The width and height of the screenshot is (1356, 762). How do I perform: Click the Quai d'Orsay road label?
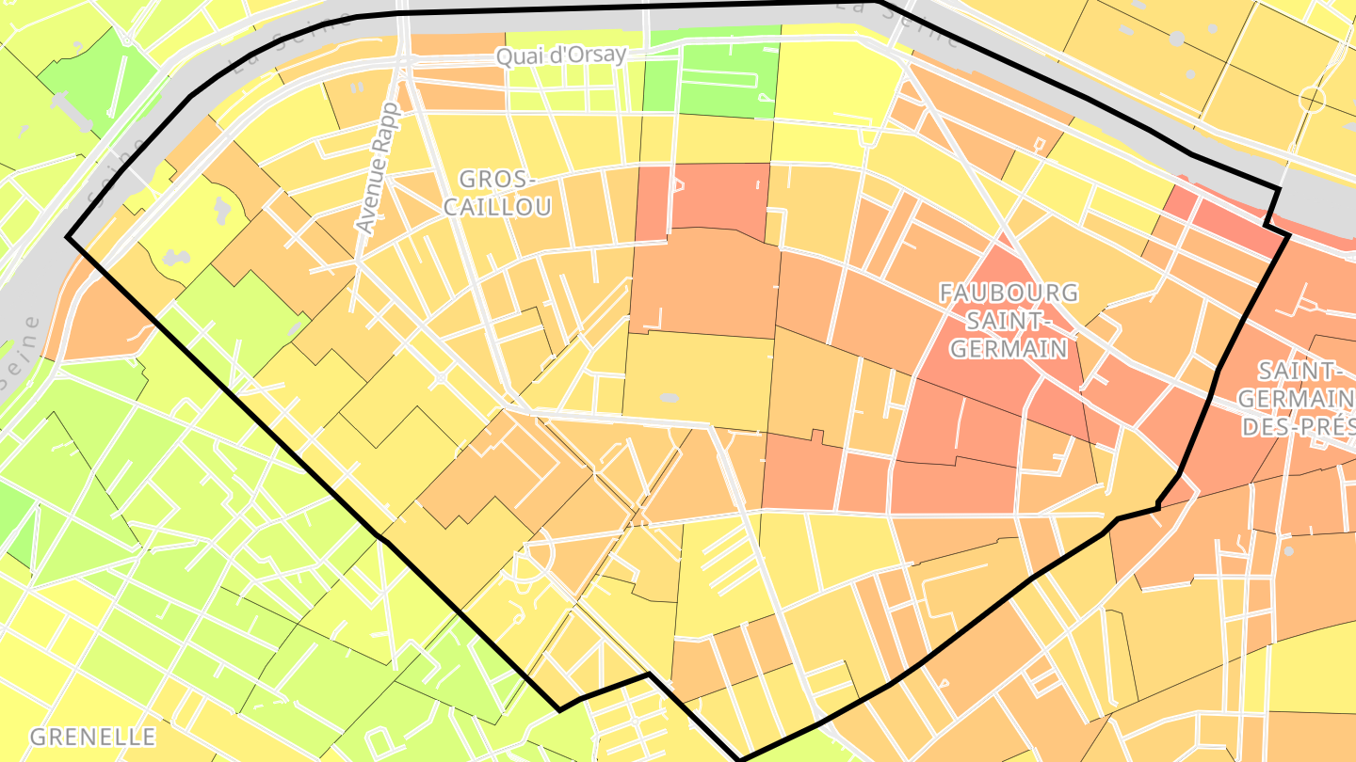561,56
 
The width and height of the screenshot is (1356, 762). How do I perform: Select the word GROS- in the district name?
496,179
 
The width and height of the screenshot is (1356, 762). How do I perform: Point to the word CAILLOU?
496,207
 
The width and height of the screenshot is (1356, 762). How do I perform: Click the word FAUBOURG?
1009,293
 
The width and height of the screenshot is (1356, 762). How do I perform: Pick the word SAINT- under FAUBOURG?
1009,321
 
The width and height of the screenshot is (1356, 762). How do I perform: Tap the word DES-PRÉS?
1298,427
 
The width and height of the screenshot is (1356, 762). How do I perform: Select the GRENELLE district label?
92,736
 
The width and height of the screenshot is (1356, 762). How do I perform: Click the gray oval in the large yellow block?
669,398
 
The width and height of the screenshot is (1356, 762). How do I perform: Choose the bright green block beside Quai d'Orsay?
711,81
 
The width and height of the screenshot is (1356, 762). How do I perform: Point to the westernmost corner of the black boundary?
67,237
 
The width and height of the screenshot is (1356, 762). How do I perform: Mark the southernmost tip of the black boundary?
740,759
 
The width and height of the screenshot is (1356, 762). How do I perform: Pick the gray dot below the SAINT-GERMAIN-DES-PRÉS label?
1289,550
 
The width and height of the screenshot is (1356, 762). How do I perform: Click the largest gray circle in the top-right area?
1176,39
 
